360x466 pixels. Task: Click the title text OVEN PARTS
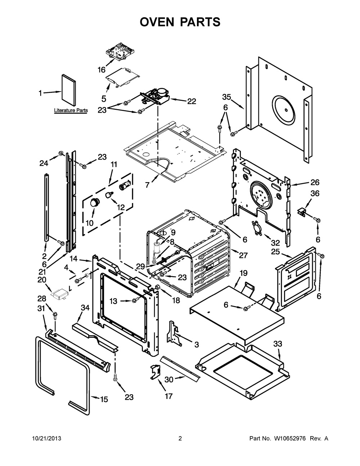[x=180, y=22]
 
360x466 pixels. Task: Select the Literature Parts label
[x=71, y=111]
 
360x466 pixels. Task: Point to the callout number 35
[x=226, y=97]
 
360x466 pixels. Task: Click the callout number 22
[x=191, y=102]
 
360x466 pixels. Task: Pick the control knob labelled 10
[x=95, y=203]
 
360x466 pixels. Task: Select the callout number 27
[x=243, y=255]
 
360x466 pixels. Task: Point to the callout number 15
[x=104, y=399]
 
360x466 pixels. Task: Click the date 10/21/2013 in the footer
[x=46, y=439]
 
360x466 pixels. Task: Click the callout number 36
[x=315, y=193]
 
